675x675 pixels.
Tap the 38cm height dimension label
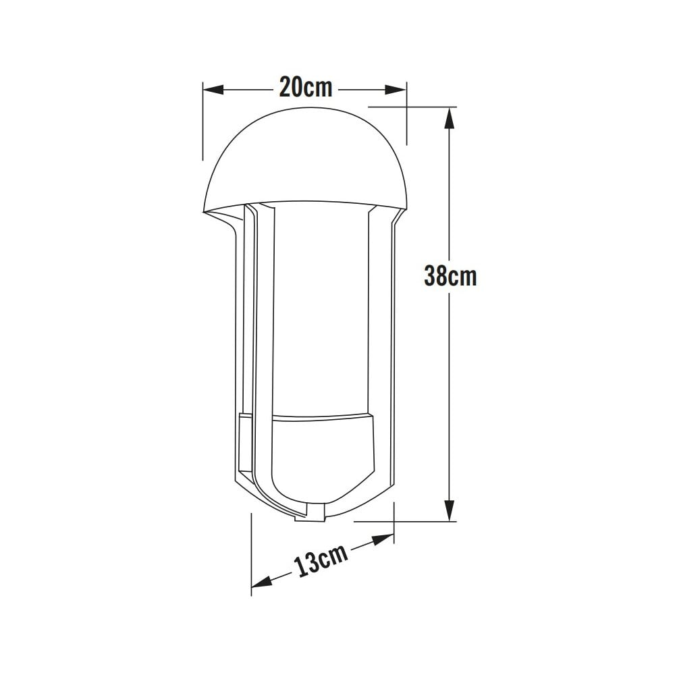[450, 275]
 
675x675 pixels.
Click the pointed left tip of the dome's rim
[203, 212]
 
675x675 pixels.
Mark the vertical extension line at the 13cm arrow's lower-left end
[252, 553]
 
